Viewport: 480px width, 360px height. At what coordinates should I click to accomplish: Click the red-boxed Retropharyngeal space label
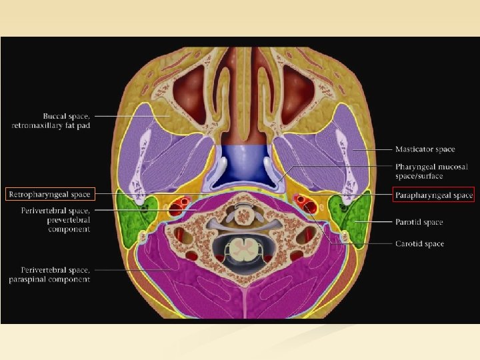[x=51, y=195]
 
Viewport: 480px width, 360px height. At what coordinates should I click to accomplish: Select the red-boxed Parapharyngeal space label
[x=433, y=195]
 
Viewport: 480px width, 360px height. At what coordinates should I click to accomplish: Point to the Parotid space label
[x=417, y=222]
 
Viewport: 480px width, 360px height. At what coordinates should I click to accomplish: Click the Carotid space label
[x=417, y=244]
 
